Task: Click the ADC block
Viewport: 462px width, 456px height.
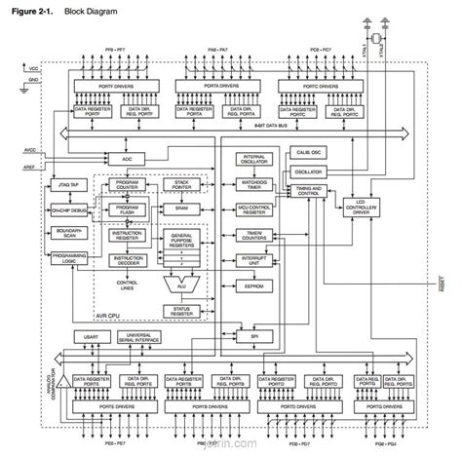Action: tap(126, 157)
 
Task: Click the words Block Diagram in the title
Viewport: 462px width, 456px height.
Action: tap(91, 10)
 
